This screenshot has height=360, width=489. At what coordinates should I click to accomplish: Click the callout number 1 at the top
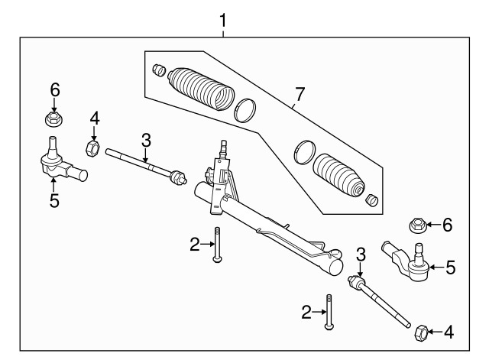(223, 21)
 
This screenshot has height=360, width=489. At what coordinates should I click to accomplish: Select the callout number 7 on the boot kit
(299, 95)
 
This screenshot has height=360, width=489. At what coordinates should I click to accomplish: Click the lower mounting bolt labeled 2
(329, 312)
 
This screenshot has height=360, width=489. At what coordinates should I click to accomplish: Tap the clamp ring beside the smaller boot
(303, 151)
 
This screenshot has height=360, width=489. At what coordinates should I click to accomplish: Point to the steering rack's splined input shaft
(223, 148)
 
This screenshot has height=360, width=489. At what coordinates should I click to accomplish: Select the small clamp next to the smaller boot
(373, 200)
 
